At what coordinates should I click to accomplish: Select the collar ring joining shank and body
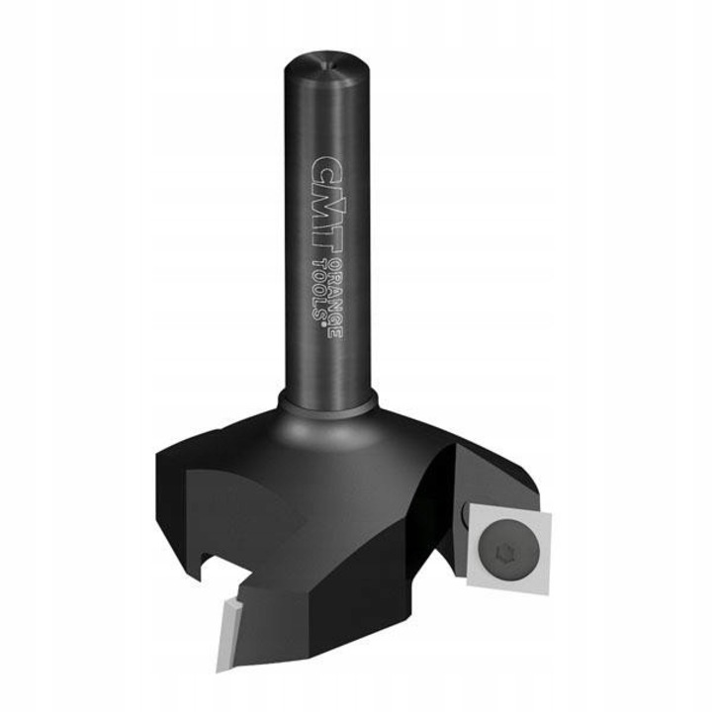327,401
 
